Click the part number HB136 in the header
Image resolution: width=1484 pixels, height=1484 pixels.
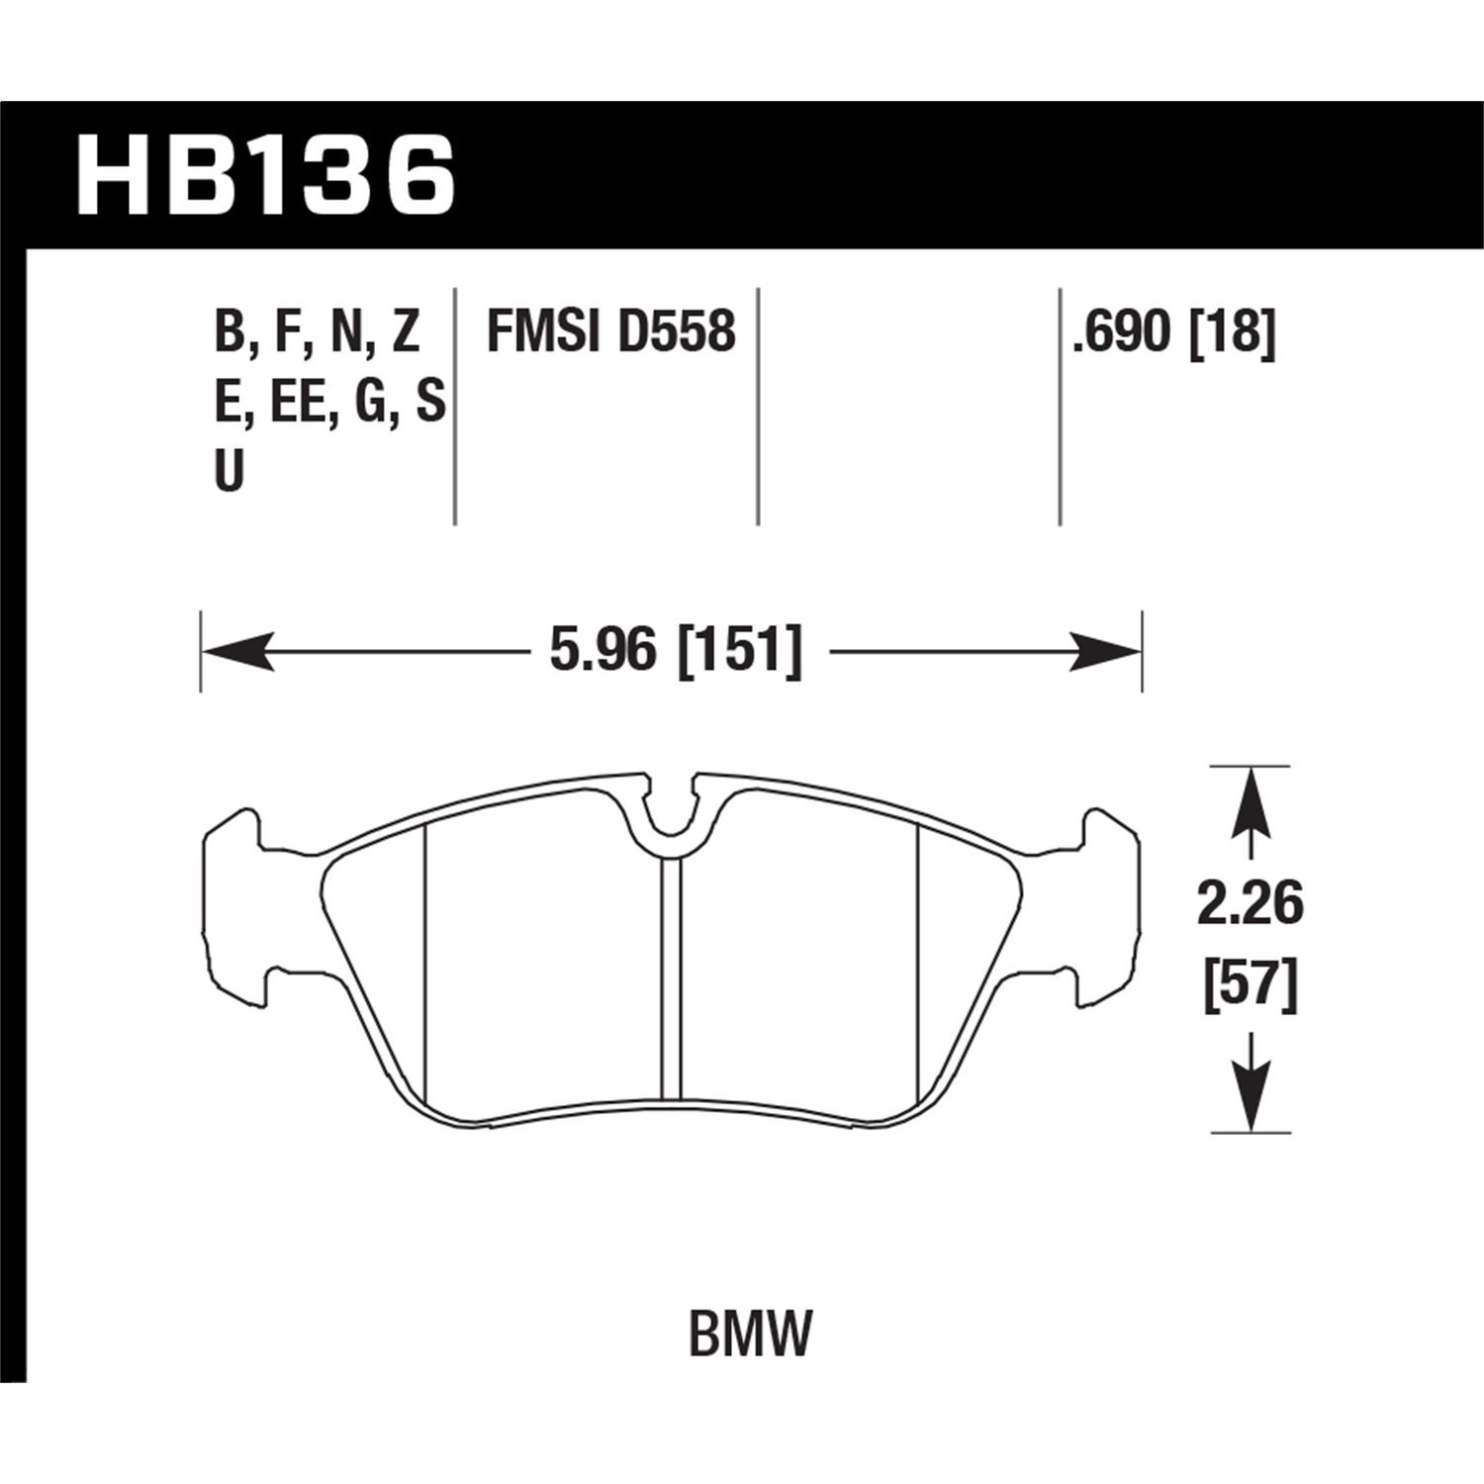[265, 178]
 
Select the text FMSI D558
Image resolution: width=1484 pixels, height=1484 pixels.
[610, 331]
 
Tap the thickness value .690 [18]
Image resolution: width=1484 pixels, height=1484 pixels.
[1172, 331]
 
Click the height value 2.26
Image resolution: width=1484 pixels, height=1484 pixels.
[1251, 904]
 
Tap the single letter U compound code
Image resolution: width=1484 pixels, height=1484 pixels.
[229, 474]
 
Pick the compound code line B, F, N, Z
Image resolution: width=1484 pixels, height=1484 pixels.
[318, 331]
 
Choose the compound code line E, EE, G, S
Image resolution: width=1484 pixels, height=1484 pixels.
[329, 403]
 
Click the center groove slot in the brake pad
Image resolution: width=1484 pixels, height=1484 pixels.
[672, 974]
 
